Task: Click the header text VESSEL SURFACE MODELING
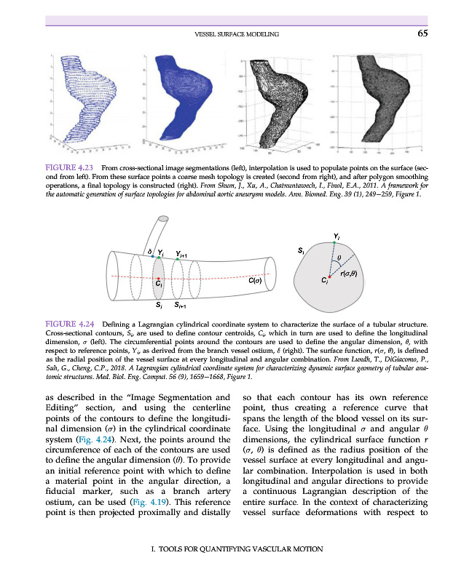pyautogui.click(x=238, y=33)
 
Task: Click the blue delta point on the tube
pyautogui.click(x=151, y=257)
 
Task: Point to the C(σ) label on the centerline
pyautogui.click(x=255, y=280)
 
